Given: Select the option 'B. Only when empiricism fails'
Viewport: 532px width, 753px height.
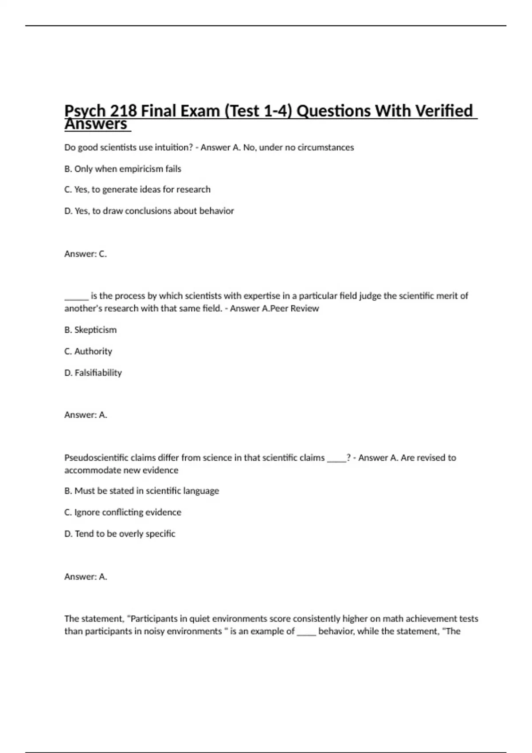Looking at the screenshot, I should pos(122,169).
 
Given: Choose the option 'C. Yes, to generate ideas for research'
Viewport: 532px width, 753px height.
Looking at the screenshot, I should pos(137,190).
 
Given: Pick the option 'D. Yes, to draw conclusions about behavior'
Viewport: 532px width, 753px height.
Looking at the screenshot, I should pos(149,211).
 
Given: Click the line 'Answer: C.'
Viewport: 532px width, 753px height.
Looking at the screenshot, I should pos(86,254).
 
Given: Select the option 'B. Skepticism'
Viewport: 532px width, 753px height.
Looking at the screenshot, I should pos(90,330).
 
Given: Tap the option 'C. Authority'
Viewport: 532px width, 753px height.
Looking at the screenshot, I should pos(88,351).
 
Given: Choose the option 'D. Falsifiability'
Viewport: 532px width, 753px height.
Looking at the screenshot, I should pos(93,373).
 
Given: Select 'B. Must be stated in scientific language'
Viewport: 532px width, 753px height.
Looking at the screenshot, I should pos(141,491).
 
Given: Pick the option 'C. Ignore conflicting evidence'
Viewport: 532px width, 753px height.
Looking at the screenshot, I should pos(123,512).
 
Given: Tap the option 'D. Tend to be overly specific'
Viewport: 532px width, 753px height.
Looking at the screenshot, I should pos(120,534).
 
